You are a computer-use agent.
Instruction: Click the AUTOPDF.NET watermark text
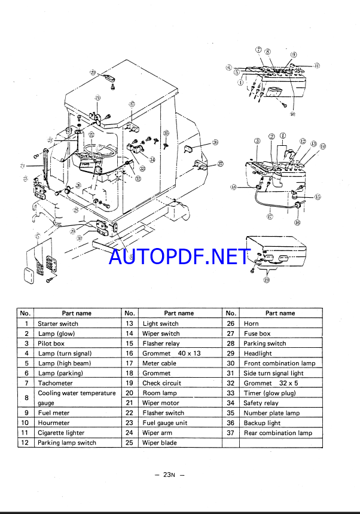(180, 256)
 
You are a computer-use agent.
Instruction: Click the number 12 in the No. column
(26, 443)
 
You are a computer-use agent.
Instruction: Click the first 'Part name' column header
(77, 313)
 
